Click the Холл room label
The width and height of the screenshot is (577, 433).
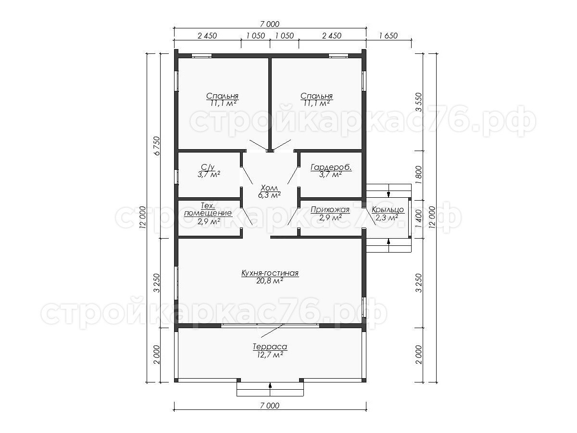269,188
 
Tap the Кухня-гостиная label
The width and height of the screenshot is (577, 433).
270,273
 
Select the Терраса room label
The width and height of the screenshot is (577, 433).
270,347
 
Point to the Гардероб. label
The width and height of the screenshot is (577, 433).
331,167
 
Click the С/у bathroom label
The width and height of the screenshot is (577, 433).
208,166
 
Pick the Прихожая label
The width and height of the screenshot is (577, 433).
330,210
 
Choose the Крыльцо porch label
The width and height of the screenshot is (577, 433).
388,210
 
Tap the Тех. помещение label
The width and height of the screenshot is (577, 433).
208,209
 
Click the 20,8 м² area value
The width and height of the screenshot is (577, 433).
270,281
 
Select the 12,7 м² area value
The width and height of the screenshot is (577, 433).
270,355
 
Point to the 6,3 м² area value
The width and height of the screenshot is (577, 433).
269,195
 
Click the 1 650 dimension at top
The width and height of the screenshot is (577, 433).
388,36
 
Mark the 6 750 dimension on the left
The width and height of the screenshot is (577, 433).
157,146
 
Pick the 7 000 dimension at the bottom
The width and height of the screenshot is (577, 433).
270,406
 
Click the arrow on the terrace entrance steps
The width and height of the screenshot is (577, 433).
270,389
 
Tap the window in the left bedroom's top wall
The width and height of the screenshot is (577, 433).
201,56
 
